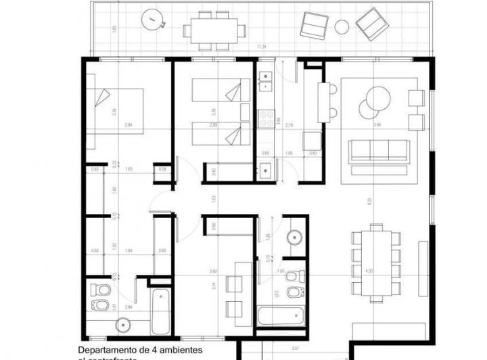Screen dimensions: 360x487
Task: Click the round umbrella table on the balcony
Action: [x=154, y=21]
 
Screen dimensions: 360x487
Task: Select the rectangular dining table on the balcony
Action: [x=214, y=30]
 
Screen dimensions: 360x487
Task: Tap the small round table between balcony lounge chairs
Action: [x=342, y=26]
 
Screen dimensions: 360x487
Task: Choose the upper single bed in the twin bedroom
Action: [x=216, y=90]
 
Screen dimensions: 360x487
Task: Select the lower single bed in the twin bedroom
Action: [x=216, y=133]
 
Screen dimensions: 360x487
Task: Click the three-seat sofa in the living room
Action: [x=379, y=151]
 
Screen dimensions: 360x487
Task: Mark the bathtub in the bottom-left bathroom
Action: [x=160, y=311]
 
